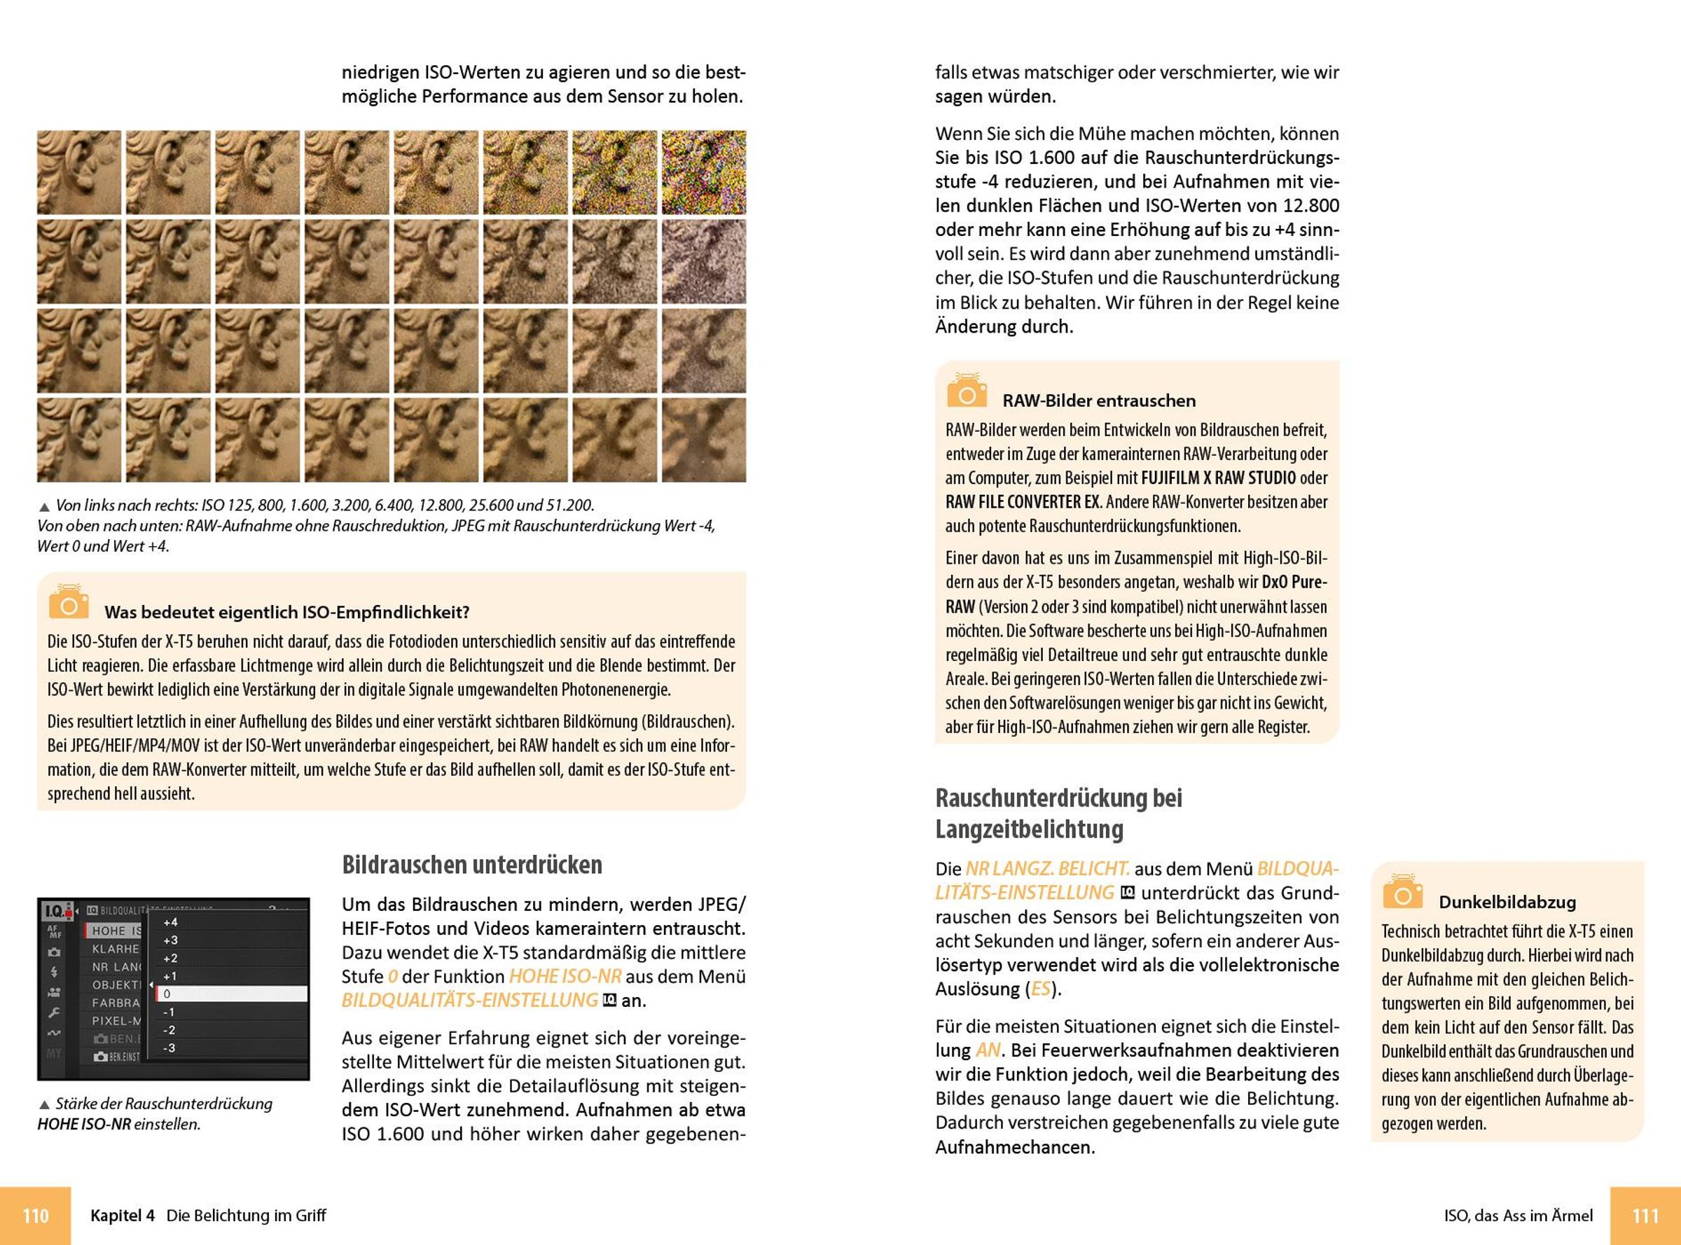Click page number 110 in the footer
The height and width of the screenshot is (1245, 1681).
[x=36, y=1216]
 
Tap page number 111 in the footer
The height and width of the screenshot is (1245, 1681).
[x=1645, y=1216]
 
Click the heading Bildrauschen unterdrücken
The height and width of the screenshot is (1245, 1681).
[x=472, y=864]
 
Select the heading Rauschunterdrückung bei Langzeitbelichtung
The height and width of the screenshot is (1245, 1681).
[x=1058, y=813]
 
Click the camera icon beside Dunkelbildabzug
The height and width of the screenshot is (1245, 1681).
[x=1402, y=892]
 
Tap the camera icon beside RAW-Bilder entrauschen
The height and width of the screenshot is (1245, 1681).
[x=967, y=391]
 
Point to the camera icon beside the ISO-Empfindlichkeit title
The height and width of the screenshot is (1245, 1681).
[x=69, y=602]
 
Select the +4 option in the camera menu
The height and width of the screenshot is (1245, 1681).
[x=170, y=922]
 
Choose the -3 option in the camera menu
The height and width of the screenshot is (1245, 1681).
[x=169, y=1048]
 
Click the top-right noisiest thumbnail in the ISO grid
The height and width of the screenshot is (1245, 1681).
[x=703, y=172]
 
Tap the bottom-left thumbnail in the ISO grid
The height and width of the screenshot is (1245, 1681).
[x=79, y=440]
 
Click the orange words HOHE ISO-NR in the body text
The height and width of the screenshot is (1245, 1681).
[x=565, y=977]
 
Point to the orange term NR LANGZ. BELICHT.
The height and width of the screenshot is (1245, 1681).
[x=1047, y=869]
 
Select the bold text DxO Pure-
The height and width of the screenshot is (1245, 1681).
[x=1294, y=583]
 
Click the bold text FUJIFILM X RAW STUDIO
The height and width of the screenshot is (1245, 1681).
[x=1218, y=478]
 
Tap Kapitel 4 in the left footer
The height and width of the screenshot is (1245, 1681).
[x=122, y=1216]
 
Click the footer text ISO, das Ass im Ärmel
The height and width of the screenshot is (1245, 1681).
[x=1519, y=1216]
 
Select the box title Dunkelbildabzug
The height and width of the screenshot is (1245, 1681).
[x=1507, y=902]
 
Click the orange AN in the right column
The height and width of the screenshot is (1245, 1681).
[x=988, y=1050]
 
